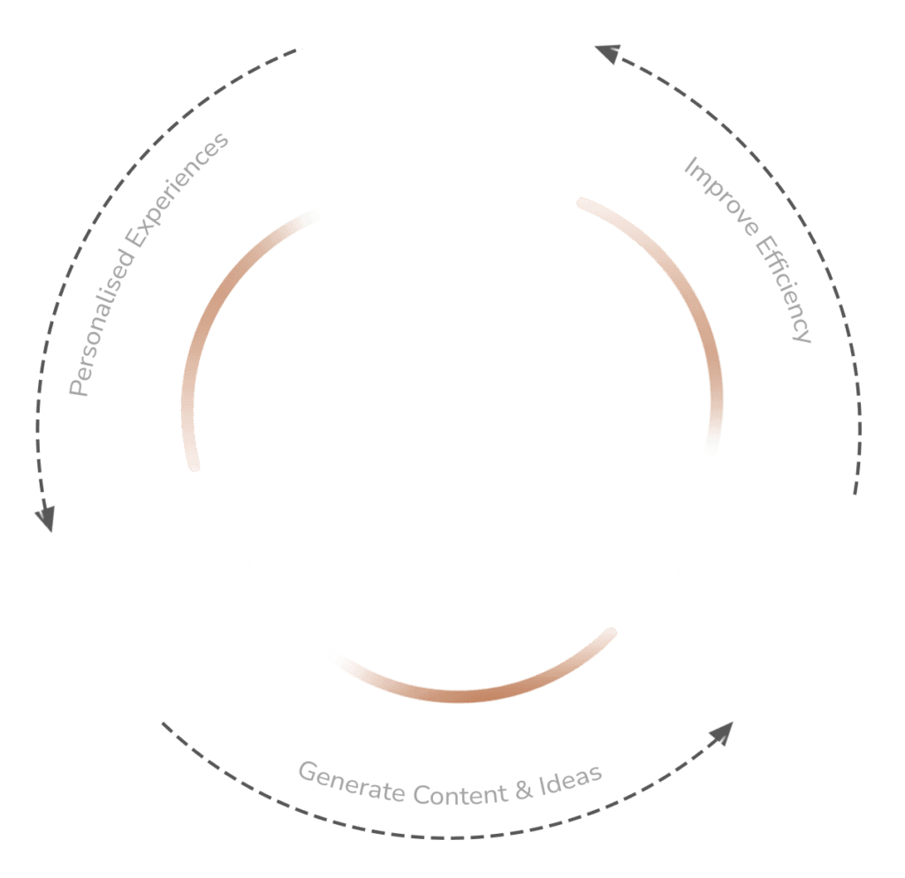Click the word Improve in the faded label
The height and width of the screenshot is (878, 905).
[x=712, y=194]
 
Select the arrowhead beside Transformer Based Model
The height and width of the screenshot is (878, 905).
[x=44, y=517]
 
